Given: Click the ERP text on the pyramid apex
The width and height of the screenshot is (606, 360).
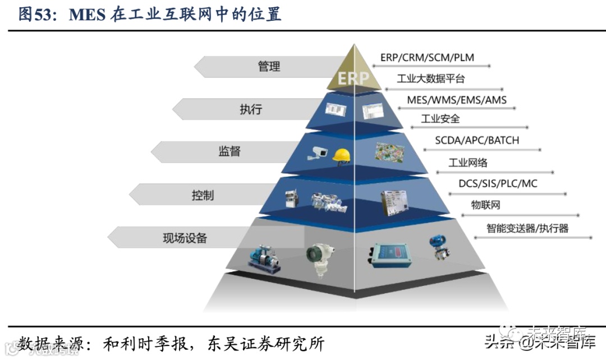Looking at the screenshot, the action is [x=353, y=78].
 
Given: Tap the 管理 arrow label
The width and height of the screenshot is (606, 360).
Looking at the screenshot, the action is [x=269, y=67].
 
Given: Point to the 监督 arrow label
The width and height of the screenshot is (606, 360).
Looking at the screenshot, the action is [x=229, y=151].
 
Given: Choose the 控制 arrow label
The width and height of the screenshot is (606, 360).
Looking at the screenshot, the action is [x=203, y=196].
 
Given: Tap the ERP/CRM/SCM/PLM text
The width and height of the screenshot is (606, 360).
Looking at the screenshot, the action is [x=427, y=57].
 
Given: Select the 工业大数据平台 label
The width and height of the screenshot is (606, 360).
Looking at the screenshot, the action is [x=431, y=79].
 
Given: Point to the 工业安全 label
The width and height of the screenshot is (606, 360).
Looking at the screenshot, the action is [x=440, y=119].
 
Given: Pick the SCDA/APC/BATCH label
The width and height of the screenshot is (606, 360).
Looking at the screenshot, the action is [x=477, y=140].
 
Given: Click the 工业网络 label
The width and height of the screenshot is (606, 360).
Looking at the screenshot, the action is [x=468, y=163].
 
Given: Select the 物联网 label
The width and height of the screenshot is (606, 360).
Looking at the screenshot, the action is [x=485, y=205].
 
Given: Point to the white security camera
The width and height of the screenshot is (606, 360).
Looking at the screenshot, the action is [x=317, y=153].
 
